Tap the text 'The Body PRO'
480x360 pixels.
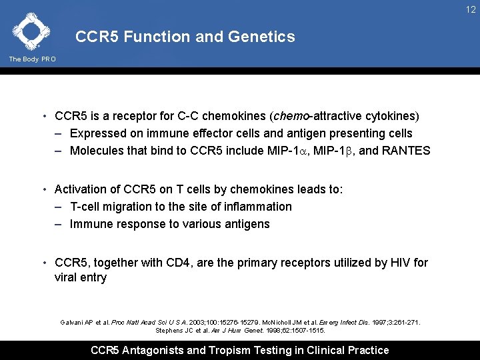(x=32, y=59)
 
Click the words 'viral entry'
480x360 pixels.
(x=80, y=277)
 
